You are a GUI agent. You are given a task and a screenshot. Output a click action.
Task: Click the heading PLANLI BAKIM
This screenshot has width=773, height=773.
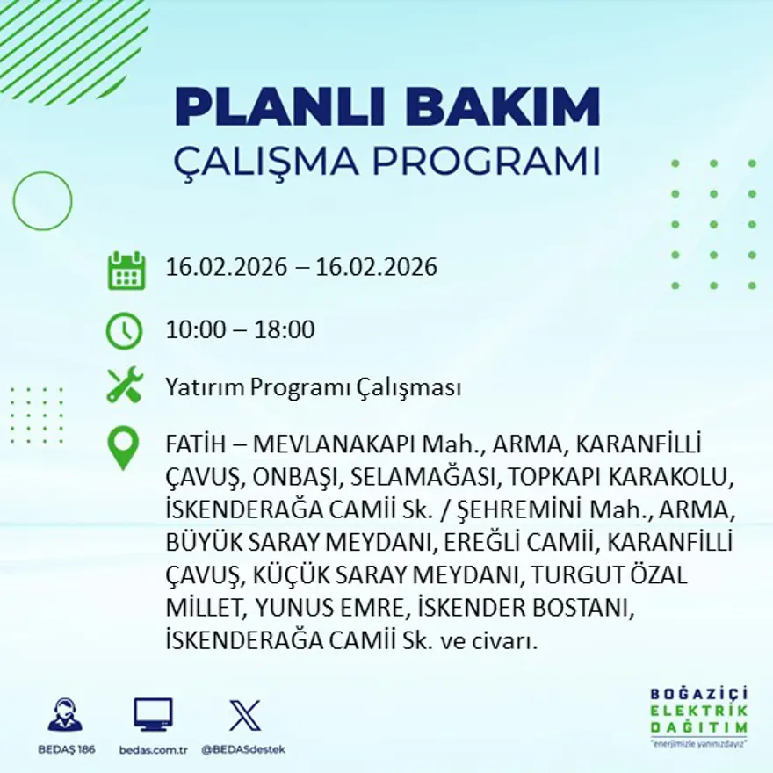(x=387, y=108)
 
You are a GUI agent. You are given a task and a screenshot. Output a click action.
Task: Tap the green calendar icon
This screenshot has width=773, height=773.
(x=126, y=271)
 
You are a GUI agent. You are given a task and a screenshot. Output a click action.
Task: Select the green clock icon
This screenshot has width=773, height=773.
(x=124, y=331)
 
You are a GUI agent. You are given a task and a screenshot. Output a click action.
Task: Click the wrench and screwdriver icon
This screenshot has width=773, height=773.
(x=125, y=386)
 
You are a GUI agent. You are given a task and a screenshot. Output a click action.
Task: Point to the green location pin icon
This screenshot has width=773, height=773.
(x=123, y=447)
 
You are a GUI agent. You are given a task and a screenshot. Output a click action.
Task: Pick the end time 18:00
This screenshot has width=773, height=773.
(x=285, y=330)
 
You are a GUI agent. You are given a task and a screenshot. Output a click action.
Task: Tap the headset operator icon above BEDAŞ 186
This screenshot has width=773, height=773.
(x=65, y=715)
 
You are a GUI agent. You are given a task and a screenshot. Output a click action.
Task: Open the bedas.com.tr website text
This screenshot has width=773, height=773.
(x=153, y=749)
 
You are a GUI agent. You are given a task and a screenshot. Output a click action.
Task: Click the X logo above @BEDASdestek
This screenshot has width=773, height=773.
(x=244, y=715)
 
